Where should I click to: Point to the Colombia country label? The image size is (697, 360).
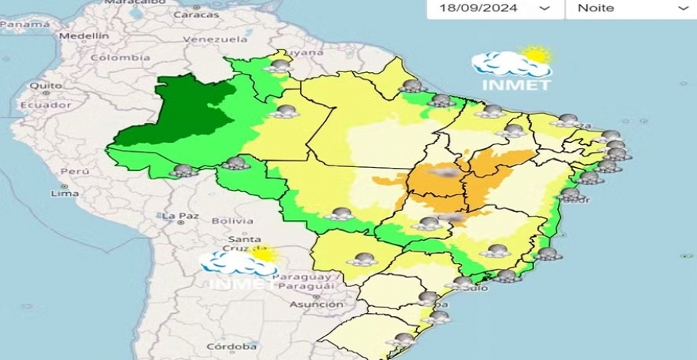click(120, 58)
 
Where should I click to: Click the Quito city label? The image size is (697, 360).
click(46, 85)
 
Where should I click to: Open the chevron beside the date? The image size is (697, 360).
click(544, 8)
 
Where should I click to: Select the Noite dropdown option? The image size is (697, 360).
click(596, 8)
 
